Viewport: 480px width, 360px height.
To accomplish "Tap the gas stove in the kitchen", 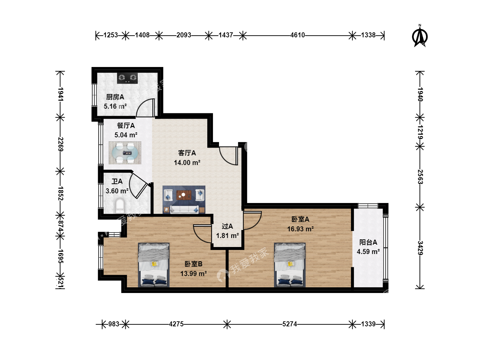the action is tap(127, 78).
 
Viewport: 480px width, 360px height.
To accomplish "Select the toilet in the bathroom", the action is tap(120, 206).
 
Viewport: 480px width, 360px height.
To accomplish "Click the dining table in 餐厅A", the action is tap(125, 153).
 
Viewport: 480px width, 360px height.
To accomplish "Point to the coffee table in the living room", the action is tap(184, 195).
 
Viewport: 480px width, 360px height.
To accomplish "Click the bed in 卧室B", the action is tap(154, 265).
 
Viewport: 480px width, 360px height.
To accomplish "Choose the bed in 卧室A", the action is tap(290, 265).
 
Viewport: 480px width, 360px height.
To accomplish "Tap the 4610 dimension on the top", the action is tap(297, 35).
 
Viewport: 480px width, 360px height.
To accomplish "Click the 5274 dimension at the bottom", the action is tap(290, 324).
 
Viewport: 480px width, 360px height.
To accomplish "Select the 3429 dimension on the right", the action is tap(420, 248).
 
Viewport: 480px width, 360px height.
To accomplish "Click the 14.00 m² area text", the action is tap(187, 163).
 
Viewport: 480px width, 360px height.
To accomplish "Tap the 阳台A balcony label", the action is tap(368, 242).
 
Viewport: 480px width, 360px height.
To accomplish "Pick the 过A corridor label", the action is tap(227, 226).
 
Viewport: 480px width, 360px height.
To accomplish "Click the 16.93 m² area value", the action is tap(300, 229).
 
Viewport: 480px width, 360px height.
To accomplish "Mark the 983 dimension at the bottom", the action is tap(114, 324).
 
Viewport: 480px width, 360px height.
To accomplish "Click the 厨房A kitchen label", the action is tap(115, 97).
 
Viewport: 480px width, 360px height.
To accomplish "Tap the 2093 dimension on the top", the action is tap(184, 35).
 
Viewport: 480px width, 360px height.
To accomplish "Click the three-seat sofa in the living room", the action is tap(184, 210).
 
